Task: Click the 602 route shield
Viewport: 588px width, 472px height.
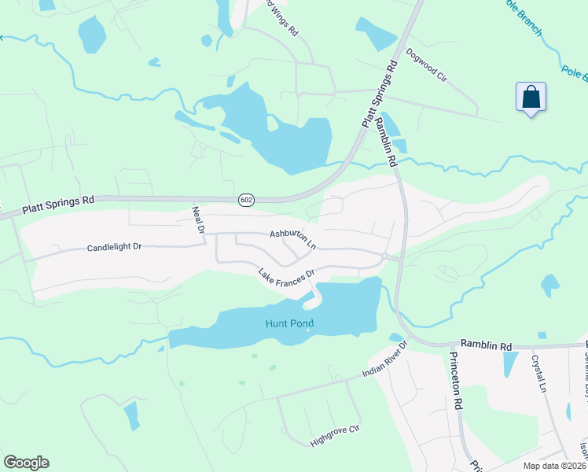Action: [x=247, y=201]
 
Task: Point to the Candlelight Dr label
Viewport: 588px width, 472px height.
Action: [x=114, y=247]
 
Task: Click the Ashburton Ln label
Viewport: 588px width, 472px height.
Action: [x=292, y=239]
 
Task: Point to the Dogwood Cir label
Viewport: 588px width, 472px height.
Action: [x=426, y=66]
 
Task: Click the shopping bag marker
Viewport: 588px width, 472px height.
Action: [x=531, y=98]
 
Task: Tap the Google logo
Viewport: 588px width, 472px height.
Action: [x=26, y=463]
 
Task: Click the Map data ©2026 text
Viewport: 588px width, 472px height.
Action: [x=555, y=466]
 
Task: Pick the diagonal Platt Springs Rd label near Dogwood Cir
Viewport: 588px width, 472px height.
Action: [x=380, y=94]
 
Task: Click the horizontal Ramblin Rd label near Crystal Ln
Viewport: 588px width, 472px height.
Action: [x=486, y=345]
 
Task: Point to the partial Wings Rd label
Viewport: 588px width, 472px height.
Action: [x=282, y=17]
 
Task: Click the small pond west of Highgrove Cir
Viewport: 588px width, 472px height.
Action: [x=131, y=414]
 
